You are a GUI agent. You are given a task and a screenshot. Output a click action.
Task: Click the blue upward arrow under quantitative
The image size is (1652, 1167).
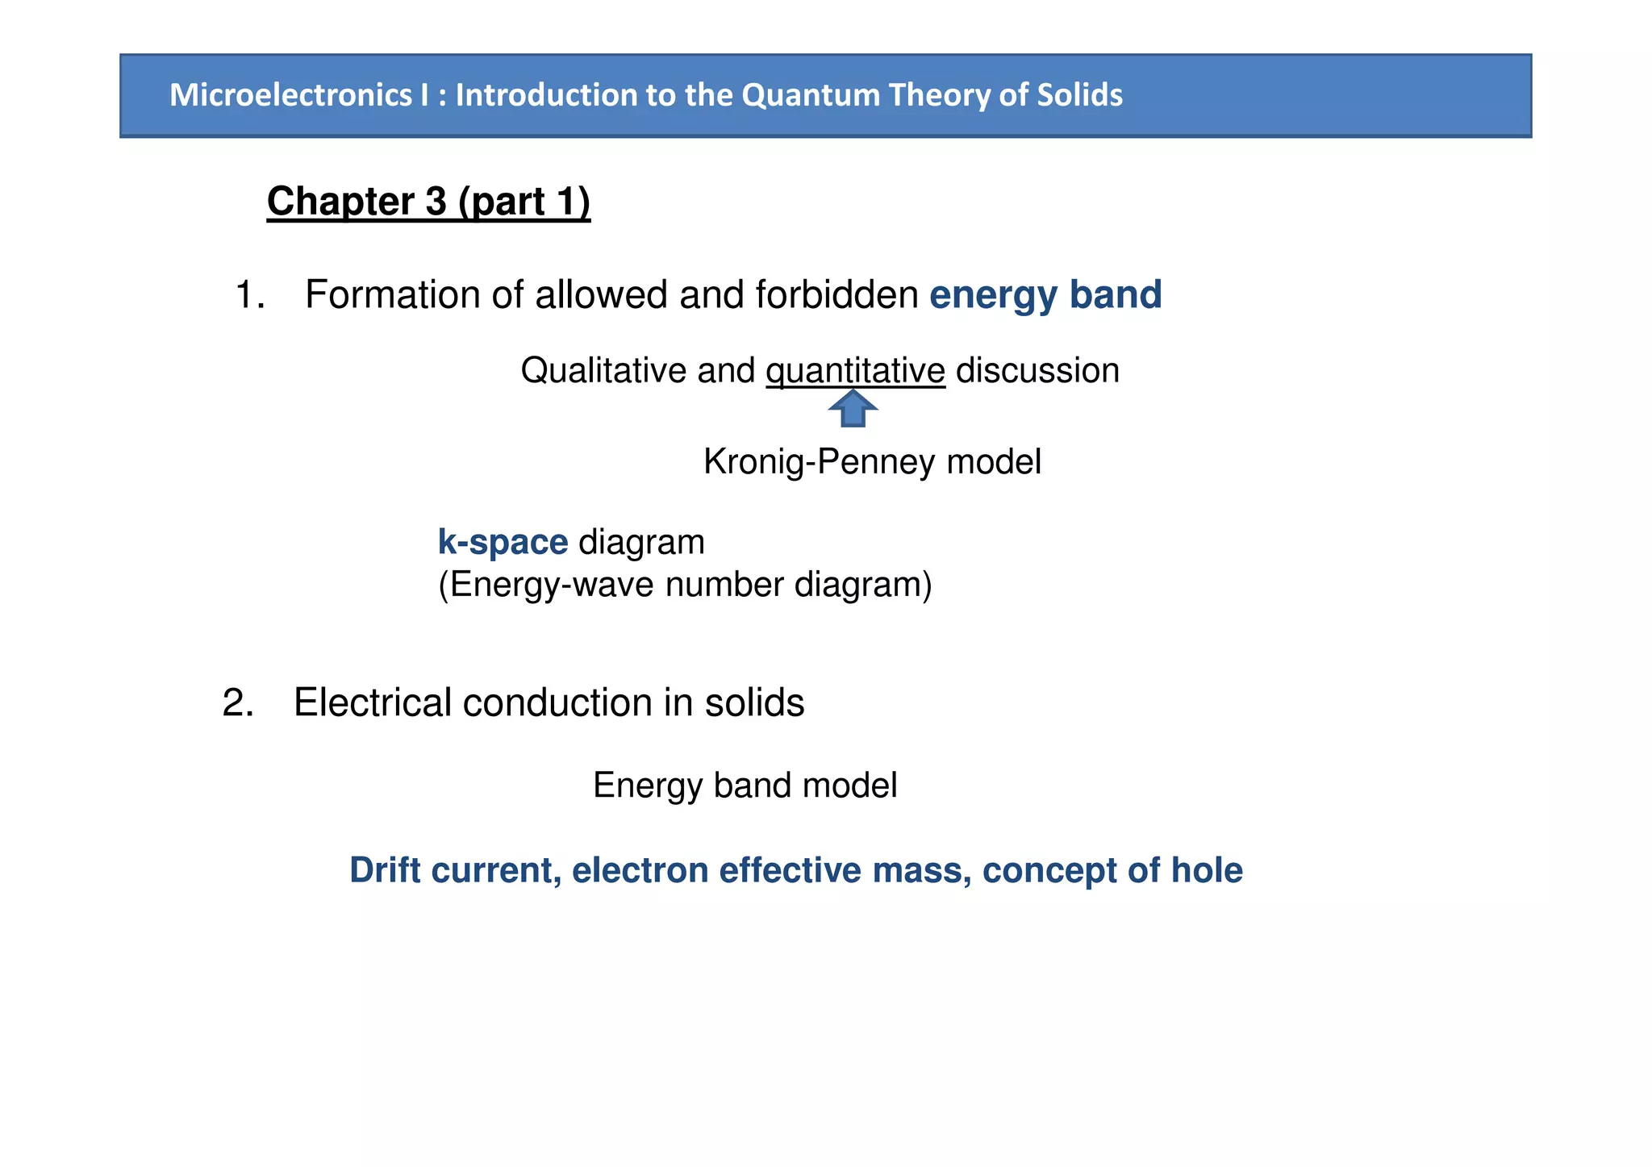[x=853, y=409]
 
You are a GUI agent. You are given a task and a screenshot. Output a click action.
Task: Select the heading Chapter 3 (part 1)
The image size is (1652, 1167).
[x=428, y=201]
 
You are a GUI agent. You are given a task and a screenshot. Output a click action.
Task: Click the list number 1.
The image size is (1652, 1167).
[x=249, y=295]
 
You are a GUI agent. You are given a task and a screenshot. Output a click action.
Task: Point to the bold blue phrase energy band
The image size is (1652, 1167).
[x=1045, y=295]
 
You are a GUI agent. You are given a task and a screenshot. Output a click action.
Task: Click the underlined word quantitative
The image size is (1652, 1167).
[x=855, y=371]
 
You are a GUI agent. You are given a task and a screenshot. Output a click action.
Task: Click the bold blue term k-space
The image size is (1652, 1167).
[x=503, y=542]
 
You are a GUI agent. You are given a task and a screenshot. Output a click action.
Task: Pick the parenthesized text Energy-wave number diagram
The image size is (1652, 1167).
[x=685, y=585]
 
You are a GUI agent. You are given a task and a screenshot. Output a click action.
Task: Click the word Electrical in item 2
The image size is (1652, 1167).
[x=372, y=702]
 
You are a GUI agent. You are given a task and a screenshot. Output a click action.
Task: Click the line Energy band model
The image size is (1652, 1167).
[x=745, y=786]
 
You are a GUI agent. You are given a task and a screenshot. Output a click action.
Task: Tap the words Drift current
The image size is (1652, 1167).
[x=455, y=871]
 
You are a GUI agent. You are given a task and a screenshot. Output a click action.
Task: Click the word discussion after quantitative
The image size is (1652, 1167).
[x=1037, y=371]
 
